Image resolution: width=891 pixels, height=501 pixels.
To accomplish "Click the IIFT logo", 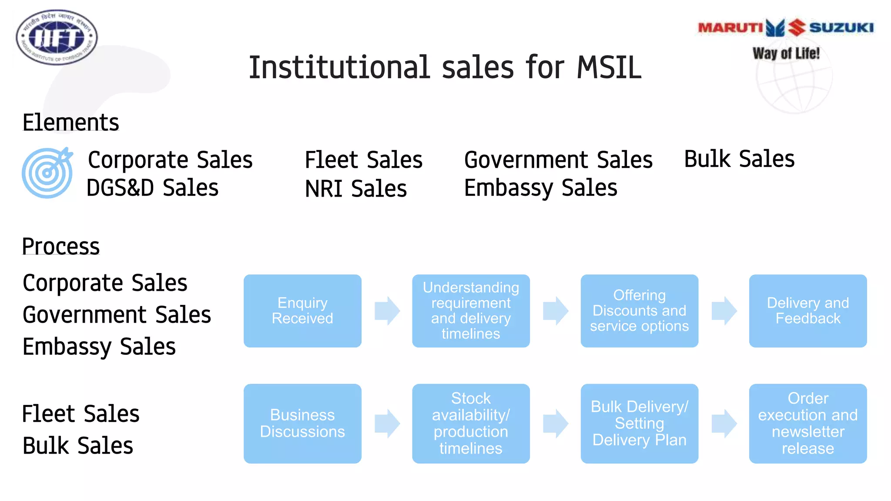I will tap(57, 37).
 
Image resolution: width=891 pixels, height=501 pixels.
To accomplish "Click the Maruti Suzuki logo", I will tap(786, 28).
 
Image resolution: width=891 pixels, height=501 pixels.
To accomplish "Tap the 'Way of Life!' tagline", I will tap(786, 53).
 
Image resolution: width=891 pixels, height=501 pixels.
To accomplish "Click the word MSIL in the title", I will tap(609, 68).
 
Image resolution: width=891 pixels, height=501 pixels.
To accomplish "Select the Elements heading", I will tap(70, 122).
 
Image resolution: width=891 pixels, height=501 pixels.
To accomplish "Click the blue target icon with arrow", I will tap(47, 173).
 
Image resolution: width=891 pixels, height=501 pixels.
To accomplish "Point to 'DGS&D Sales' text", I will tap(152, 188).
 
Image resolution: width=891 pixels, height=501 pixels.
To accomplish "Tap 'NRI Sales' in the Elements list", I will tap(355, 189).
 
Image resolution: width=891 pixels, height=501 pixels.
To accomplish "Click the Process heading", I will tap(61, 246).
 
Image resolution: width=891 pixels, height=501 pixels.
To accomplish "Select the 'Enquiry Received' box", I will tap(302, 311).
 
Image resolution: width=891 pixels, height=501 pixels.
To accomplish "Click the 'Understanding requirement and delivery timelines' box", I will tap(471, 311).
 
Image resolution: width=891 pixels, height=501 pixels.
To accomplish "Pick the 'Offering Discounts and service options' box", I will tap(639, 311).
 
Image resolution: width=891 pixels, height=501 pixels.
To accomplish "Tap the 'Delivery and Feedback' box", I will tap(807, 311).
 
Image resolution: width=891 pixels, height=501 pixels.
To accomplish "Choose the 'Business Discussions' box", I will tap(302, 423).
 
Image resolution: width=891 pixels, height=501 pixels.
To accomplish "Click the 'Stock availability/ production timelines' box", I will tap(471, 423).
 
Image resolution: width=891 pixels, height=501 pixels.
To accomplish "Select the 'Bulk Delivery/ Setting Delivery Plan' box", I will tap(639, 423).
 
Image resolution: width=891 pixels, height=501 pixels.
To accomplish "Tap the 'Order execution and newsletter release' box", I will tap(807, 423).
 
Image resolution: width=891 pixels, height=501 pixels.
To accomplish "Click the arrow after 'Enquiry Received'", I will tap(387, 311).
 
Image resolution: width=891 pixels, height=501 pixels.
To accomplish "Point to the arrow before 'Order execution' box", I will tap(724, 423).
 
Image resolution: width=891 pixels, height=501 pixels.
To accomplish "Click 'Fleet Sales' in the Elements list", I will tap(363, 160).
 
